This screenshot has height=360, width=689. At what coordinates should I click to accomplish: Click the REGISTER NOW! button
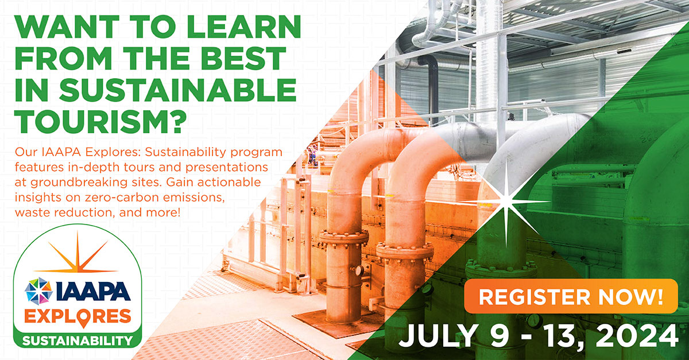571,297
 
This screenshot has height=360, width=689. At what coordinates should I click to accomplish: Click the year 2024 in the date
637,335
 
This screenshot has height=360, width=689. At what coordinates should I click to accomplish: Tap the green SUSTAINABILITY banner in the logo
78,340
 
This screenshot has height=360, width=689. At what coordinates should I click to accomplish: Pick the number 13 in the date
551,335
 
